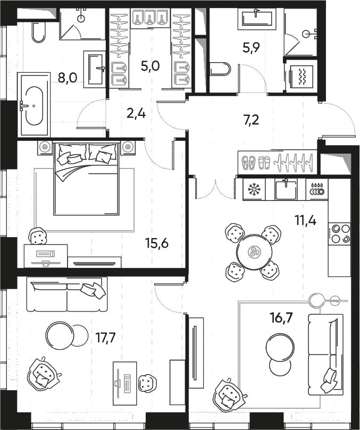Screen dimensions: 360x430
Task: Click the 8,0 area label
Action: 67,78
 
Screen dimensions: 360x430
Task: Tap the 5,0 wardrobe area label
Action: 150,66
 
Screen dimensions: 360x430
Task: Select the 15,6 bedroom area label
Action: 157,243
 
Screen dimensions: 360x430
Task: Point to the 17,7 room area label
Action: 106,338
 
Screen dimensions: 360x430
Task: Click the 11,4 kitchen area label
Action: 305,220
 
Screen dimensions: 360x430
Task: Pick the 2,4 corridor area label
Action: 136,113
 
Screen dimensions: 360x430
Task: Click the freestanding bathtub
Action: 34,105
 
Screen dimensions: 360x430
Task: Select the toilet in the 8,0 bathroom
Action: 38,32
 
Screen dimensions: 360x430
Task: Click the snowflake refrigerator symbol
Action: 254,190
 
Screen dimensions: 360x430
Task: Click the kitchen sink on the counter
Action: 286,189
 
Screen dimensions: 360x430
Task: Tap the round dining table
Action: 254,251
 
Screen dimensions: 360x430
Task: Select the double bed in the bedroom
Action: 87,179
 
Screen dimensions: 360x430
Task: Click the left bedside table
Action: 45,148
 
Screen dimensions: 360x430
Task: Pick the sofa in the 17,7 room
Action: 66,294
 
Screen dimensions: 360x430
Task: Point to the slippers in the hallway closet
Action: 256,162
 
